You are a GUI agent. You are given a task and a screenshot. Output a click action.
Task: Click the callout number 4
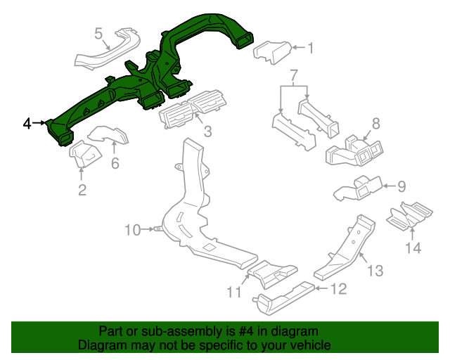[27, 124]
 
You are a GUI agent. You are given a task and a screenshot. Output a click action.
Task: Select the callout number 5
[98, 32]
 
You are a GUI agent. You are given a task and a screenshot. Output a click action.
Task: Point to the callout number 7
[294, 74]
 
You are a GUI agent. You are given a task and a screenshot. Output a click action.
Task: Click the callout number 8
[375, 124]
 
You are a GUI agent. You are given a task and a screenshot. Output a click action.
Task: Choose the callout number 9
[401, 186]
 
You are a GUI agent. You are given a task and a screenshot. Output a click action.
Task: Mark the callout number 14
[412, 247]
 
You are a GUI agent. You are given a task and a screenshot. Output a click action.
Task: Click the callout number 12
[339, 288]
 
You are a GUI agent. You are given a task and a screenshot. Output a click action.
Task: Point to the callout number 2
[82, 190]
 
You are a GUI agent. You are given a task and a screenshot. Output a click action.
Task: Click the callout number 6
[115, 164]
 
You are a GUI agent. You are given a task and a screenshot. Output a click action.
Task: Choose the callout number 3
[207, 131]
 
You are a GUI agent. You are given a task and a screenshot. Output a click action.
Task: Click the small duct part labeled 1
[271, 52]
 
